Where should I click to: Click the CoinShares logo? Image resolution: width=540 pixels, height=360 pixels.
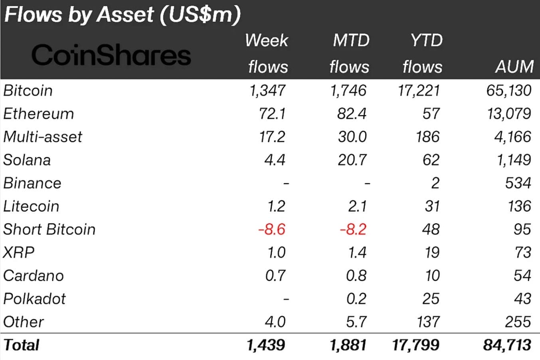tap(111, 55)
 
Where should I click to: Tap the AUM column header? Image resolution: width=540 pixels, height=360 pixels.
tap(514, 67)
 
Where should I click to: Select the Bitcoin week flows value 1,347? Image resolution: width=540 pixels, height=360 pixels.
tap(267, 91)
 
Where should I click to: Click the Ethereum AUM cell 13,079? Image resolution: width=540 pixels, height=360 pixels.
tap(508, 114)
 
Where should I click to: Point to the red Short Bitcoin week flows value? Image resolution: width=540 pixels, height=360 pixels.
tap(272, 229)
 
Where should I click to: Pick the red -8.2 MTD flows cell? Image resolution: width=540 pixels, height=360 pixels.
tap(353, 229)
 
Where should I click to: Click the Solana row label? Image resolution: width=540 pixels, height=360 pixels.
tap(27, 160)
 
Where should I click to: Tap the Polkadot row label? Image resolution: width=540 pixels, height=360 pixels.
tap(34, 299)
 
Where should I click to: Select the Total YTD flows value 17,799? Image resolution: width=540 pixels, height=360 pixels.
tap(415, 345)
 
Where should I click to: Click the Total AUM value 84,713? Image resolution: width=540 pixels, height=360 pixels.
tap(507, 345)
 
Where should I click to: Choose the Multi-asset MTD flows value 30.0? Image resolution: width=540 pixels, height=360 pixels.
tap(352, 137)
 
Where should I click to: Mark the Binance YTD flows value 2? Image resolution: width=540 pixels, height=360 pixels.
tap(435, 183)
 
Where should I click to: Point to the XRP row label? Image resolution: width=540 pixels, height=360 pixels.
tap(19, 253)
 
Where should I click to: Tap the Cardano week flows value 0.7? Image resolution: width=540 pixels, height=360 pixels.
tap(275, 276)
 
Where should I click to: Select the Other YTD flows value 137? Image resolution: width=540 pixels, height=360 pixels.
tap(428, 322)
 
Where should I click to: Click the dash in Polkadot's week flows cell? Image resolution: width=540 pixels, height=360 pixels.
tap(285, 299)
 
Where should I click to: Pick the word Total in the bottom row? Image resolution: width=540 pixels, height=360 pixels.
tap(22, 345)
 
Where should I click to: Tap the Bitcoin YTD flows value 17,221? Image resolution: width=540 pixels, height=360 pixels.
tap(419, 91)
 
